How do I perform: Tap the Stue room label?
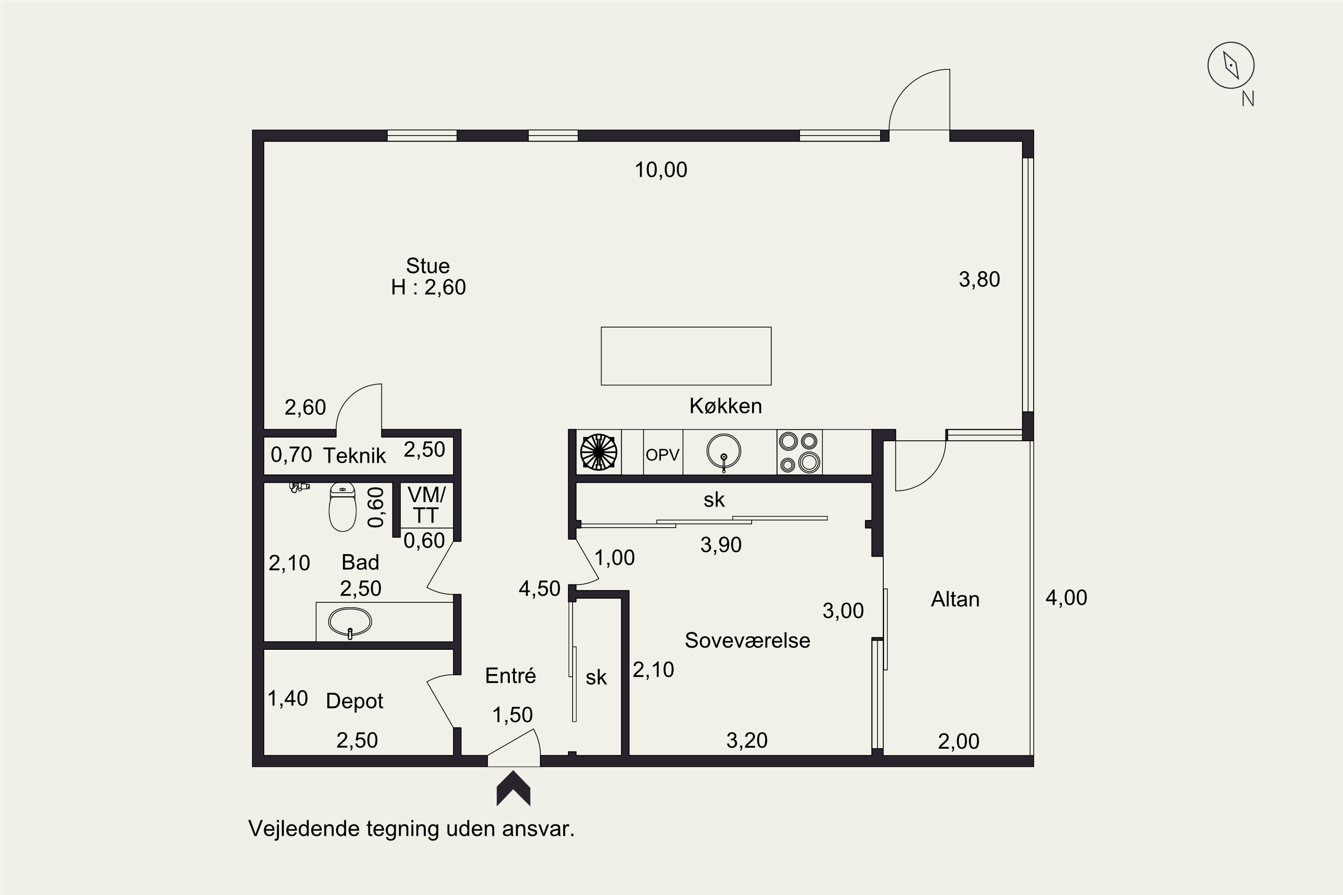[x=428, y=266]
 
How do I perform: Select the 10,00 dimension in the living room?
[x=661, y=170]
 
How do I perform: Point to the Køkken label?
[x=726, y=406]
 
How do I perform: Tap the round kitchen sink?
[x=723, y=452]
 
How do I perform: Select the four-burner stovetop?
[x=800, y=452]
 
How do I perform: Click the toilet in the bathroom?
[x=342, y=507]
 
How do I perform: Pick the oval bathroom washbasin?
[x=350, y=622]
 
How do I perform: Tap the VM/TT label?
[x=426, y=505]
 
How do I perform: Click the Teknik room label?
[x=354, y=456]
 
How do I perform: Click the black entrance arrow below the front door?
[x=513, y=788]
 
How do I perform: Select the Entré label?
[x=510, y=676]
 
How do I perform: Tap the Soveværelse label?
[x=748, y=640]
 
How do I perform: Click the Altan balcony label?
[x=955, y=599]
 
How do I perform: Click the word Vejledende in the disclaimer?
[x=304, y=829]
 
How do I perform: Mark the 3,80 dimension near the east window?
[x=979, y=280]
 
